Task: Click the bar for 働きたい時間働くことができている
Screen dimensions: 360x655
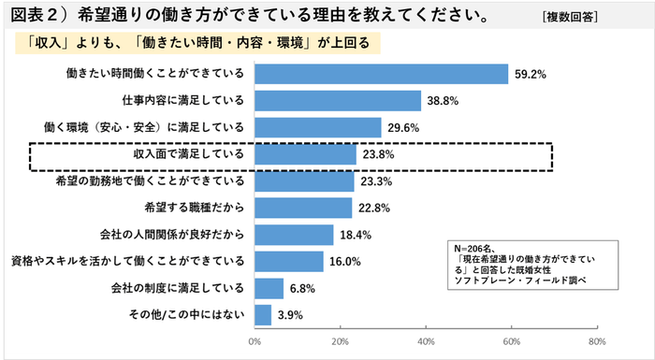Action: (381, 73)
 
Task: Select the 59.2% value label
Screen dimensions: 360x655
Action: (530, 73)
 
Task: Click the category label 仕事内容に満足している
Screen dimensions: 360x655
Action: (182, 100)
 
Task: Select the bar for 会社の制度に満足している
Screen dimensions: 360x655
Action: (269, 288)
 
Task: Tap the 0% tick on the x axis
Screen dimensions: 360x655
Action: (254, 342)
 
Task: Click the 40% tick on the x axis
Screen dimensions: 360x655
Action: (426, 342)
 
